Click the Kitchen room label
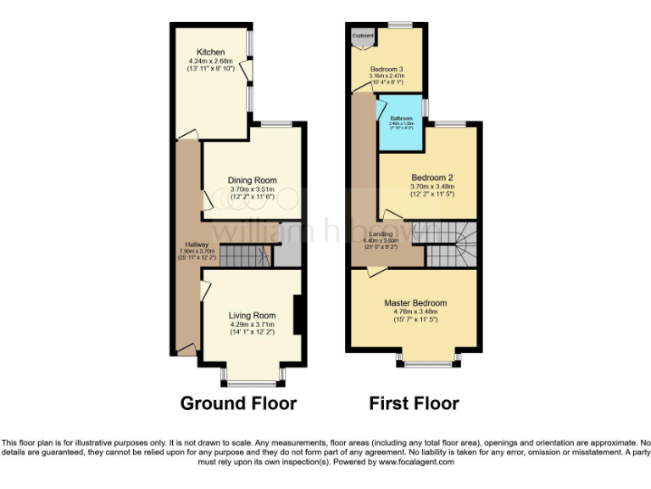(x=210, y=52)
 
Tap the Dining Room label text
(x=252, y=180)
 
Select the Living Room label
(x=253, y=316)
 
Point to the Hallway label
(x=186, y=243)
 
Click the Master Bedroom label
(x=415, y=303)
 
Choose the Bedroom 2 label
(x=432, y=177)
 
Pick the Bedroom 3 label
(x=386, y=69)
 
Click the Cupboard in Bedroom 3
(x=364, y=38)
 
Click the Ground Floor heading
(x=238, y=403)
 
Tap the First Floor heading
(x=414, y=403)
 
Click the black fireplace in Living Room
(x=297, y=314)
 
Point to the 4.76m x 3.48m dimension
(x=415, y=312)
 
